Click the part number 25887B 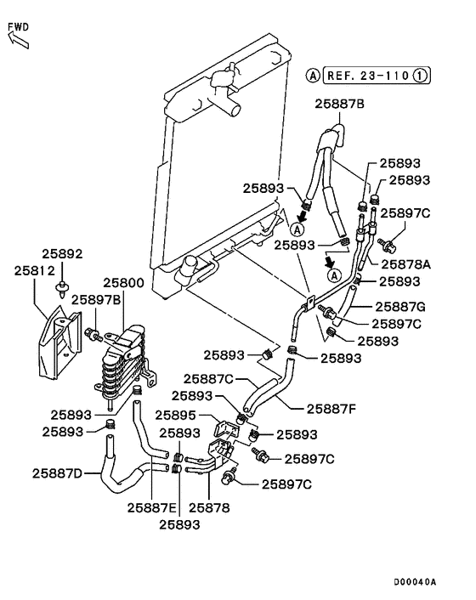[x=339, y=105]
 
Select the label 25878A [x=406, y=264]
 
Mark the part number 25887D [x=58, y=473]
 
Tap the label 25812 [x=34, y=270]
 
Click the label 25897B [x=96, y=299]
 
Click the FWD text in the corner [x=19, y=26]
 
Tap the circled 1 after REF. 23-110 [x=421, y=75]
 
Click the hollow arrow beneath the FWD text [x=14, y=39]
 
